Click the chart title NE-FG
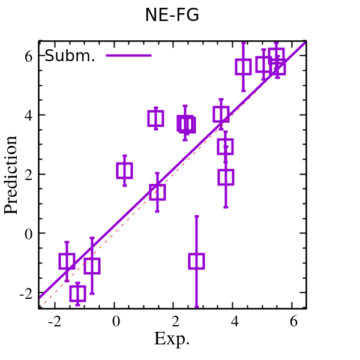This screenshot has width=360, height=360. [172, 15]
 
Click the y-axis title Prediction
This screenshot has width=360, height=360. [11, 175]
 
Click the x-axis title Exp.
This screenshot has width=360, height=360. [172, 339]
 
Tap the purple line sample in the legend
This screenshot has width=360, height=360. [128, 56]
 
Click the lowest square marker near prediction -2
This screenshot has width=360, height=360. [77, 293]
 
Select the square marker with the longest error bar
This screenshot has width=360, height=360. [196, 261]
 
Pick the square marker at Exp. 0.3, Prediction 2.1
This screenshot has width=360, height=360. [124, 171]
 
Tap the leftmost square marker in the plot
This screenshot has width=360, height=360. [67, 261]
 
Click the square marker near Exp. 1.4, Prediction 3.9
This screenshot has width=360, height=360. [156, 118]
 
